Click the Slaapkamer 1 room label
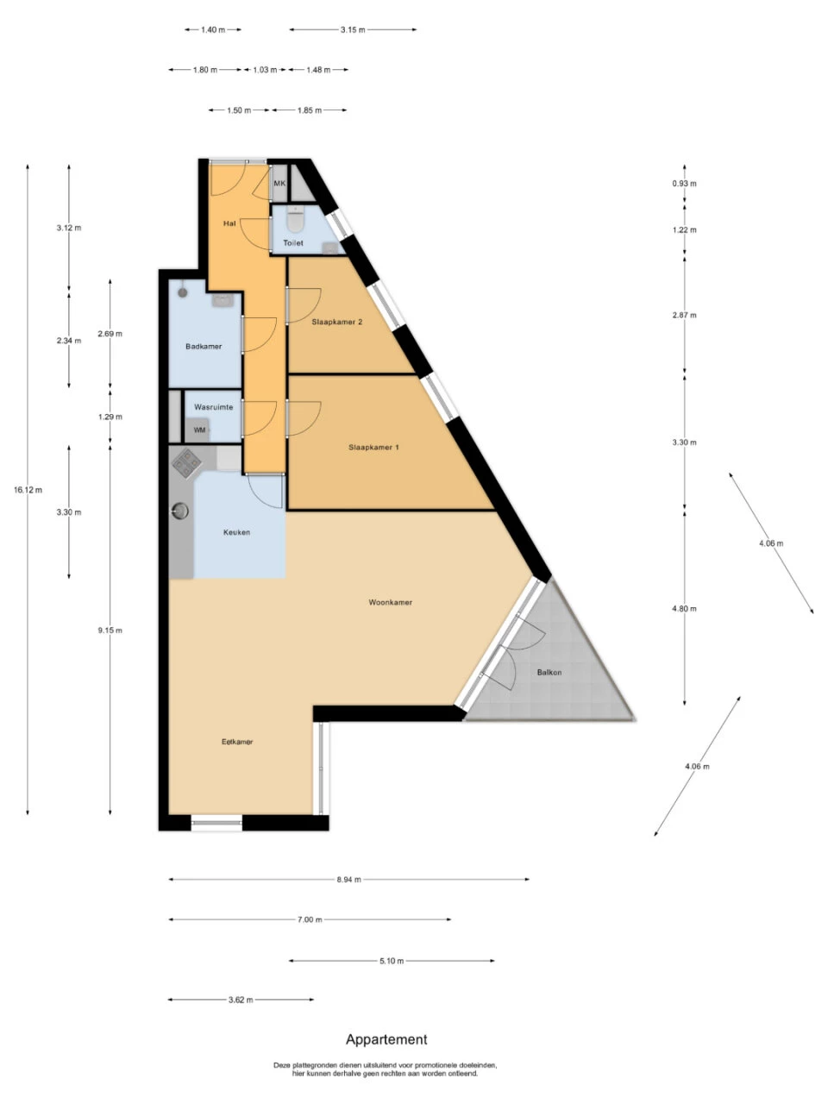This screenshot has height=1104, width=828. [x=373, y=448]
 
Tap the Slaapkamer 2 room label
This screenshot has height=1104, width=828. [x=336, y=322]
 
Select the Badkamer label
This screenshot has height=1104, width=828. [x=204, y=347]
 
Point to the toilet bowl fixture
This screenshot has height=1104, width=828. [x=296, y=222]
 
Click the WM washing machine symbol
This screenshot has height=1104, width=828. [x=199, y=430]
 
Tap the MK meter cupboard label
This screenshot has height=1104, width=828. [x=279, y=184]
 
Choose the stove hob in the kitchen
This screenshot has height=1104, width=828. [x=186, y=465]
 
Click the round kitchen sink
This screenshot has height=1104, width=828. [x=179, y=511]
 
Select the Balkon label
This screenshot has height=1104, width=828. [x=549, y=672]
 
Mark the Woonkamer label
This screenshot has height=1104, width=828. [x=390, y=602]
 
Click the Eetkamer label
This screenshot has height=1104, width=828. [x=237, y=742]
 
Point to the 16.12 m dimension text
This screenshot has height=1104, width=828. [x=28, y=490]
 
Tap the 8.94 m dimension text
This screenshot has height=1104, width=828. [x=348, y=880]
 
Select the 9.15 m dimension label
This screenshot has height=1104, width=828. [x=110, y=630]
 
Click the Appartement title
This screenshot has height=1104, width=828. [x=386, y=1039]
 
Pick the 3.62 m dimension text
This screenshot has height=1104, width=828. [x=241, y=1000]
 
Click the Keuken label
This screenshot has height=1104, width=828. [x=236, y=532]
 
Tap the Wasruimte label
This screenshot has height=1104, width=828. [x=213, y=407]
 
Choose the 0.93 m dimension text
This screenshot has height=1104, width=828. [x=685, y=184]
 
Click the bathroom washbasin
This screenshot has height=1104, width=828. [x=223, y=300]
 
